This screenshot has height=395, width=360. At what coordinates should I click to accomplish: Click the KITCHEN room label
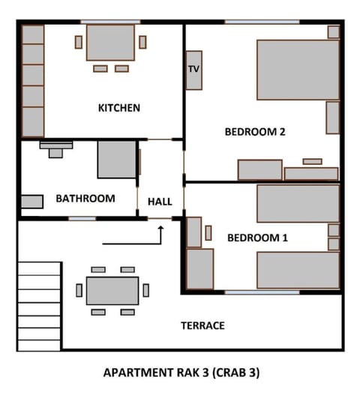coord(119,108)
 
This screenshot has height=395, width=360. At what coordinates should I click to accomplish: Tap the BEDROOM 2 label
coord(255,132)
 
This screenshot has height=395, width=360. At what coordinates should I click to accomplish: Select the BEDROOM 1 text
coord(257,238)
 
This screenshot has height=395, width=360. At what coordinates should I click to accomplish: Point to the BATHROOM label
coord(85,199)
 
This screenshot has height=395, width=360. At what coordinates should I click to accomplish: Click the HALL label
coord(160,202)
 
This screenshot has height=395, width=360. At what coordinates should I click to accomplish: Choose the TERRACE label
coord(202,325)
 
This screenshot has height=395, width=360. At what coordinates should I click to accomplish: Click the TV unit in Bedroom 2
coord(194,70)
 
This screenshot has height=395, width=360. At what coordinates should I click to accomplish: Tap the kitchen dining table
coord(111,43)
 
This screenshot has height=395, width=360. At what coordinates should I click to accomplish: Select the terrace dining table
coord(112,290)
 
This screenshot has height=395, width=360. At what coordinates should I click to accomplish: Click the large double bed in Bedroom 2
coord(298,70)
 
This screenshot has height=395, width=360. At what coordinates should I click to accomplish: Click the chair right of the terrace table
coord(146,290)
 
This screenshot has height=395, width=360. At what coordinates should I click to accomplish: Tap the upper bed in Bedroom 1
coord(298,203)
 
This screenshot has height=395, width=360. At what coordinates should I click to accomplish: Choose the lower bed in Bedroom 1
coord(298,271)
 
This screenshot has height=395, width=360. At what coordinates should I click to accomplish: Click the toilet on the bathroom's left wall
coord(31,201)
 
